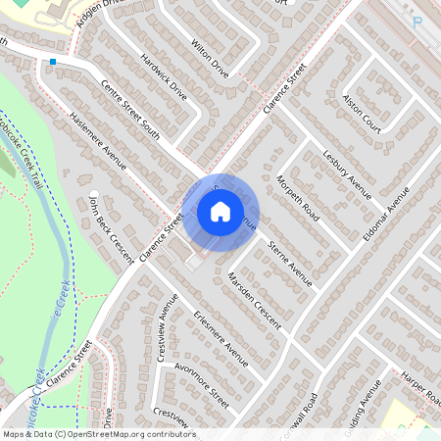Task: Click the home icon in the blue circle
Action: point(220,211)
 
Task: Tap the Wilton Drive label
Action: point(210,60)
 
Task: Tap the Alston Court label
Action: point(362,115)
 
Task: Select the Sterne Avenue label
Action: point(291,265)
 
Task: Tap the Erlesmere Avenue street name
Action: point(220,340)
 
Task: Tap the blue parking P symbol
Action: point(417,22)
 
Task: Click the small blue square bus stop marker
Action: point(52,61)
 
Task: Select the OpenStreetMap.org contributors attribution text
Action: point(127,434)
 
